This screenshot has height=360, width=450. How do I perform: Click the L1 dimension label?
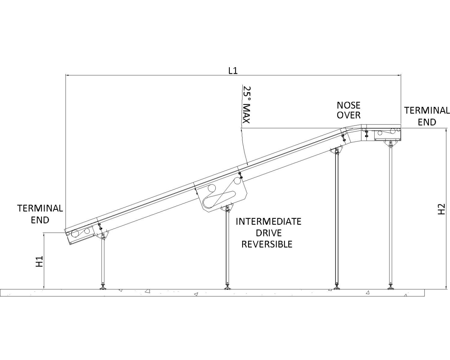click(x=233, y=71)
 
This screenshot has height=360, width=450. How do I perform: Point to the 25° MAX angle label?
click(x=246, y=105)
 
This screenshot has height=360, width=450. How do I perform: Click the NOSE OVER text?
click(x=348, y=110)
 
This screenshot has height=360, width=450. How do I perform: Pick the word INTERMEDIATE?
click(x=268, y=222)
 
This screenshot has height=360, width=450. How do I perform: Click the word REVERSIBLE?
click(x=267, y=244)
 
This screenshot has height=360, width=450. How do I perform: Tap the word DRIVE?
click(x=268, y=233)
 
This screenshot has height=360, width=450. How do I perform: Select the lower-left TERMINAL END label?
click(x=40, y=214)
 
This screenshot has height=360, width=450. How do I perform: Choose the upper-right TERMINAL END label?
click(x=427, y=116)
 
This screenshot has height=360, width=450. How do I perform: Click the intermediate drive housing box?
click(x=222, y=195)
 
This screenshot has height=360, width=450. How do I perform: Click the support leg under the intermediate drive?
click(x=227, y=246)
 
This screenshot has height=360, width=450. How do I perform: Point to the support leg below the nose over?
click(x=337, y=219)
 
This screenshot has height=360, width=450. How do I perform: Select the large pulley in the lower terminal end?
click(x=75, y=234)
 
